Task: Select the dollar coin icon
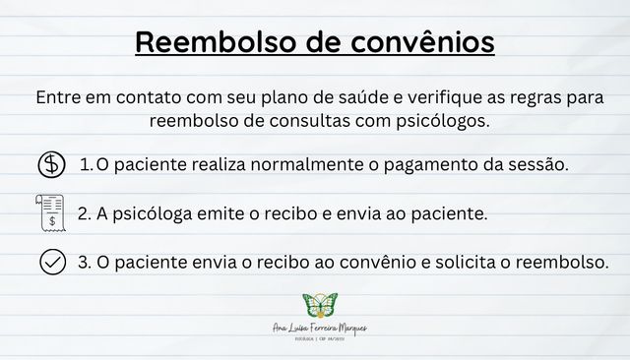coord(50,164)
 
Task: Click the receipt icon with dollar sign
coord(50,212)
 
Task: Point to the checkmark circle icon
coord(51,263)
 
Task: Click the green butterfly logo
coord(319,305)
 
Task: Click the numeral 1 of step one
coord(85,164)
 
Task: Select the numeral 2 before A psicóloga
coord(83,212)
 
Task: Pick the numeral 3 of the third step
coord(83,263)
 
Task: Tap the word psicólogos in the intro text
coord(439,122)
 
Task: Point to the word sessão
coord(538,164)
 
